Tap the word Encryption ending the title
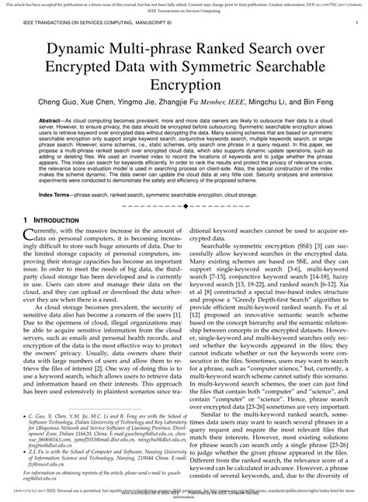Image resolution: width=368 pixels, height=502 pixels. pos(184,85)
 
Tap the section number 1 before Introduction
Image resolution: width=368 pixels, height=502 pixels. pos(26,220)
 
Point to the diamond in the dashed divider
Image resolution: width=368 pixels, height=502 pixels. pos(184,207)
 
